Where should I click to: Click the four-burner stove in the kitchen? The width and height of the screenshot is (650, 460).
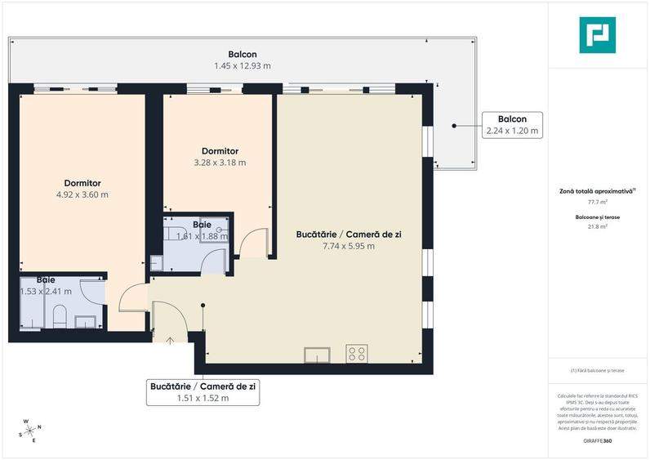coord(357,354)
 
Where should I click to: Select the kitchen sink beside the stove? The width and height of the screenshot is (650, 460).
coord(317,354)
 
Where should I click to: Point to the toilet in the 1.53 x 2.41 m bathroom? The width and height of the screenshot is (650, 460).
coord(60,316)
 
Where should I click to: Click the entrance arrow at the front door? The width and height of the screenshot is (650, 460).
coord(171,340)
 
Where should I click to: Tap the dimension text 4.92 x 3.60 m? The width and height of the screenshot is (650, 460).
coord(82,194)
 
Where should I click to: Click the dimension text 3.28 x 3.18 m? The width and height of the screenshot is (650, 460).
coord(220,163)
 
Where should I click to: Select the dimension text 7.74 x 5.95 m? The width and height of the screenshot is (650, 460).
coord(347,246)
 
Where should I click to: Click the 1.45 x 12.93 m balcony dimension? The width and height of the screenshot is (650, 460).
coord(243,65)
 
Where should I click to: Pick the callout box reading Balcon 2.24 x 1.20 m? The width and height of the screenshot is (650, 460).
coord(512,124)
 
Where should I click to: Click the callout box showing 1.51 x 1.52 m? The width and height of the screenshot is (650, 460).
coord(203,392)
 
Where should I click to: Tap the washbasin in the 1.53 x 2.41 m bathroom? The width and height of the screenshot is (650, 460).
coord(86,321)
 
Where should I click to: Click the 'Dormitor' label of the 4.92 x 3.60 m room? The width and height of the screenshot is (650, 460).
coord(82,183)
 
